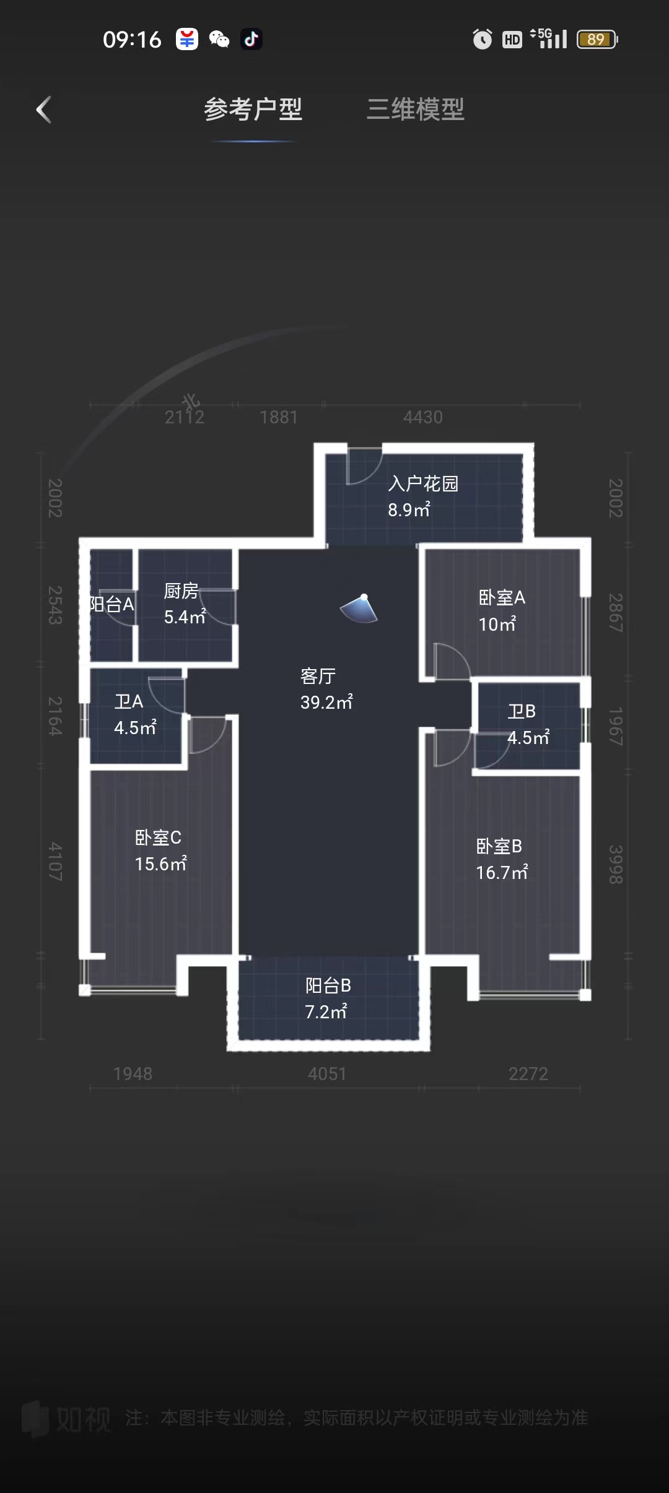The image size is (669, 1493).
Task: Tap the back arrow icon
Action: pyautogui.click(x=43, y=110)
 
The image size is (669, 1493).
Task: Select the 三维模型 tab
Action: pyautogui.click(x=415, y=110)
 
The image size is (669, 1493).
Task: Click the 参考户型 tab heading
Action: pyautogui.click(x=253, y=110)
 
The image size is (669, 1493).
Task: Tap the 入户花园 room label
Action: pyautogui.click(x=423, y=483)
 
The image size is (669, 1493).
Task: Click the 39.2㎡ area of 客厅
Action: pyautogui.click(x=326, y=702)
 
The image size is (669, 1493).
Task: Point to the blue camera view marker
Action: pyautogui.click(x=360, y=609)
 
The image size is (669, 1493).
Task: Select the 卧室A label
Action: pyautogui.click(x=502, y=597)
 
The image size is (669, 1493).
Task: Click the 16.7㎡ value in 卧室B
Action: pyautogui.click(x=502, y=872)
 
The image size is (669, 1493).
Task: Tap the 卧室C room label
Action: pyautogui.click(x=158, y=837)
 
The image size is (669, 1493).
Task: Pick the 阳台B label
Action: pyautogui.click(x=328, y=985)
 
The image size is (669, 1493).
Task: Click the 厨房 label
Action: pyautogui.click(x=181, y=591)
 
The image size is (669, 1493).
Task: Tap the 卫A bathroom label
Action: pyautogui.click(x=129, y=701)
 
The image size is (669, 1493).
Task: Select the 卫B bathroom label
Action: pyautogui.click(x=522, y=711)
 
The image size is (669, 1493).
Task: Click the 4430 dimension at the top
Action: pyautogui.click(x=423, y=417)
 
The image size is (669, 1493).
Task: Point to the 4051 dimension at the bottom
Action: pyautogui.click(x=327, y=1073)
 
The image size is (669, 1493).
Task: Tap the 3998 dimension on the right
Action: pyautogui.click(x=615, y=864)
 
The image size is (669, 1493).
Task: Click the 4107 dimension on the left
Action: pyautogui.click(x=56, y=861)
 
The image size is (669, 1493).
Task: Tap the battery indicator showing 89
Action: pyautogui.click(x=597, y=40)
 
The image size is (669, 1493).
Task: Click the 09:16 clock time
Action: pyautogui.click(x=132, y=40)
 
